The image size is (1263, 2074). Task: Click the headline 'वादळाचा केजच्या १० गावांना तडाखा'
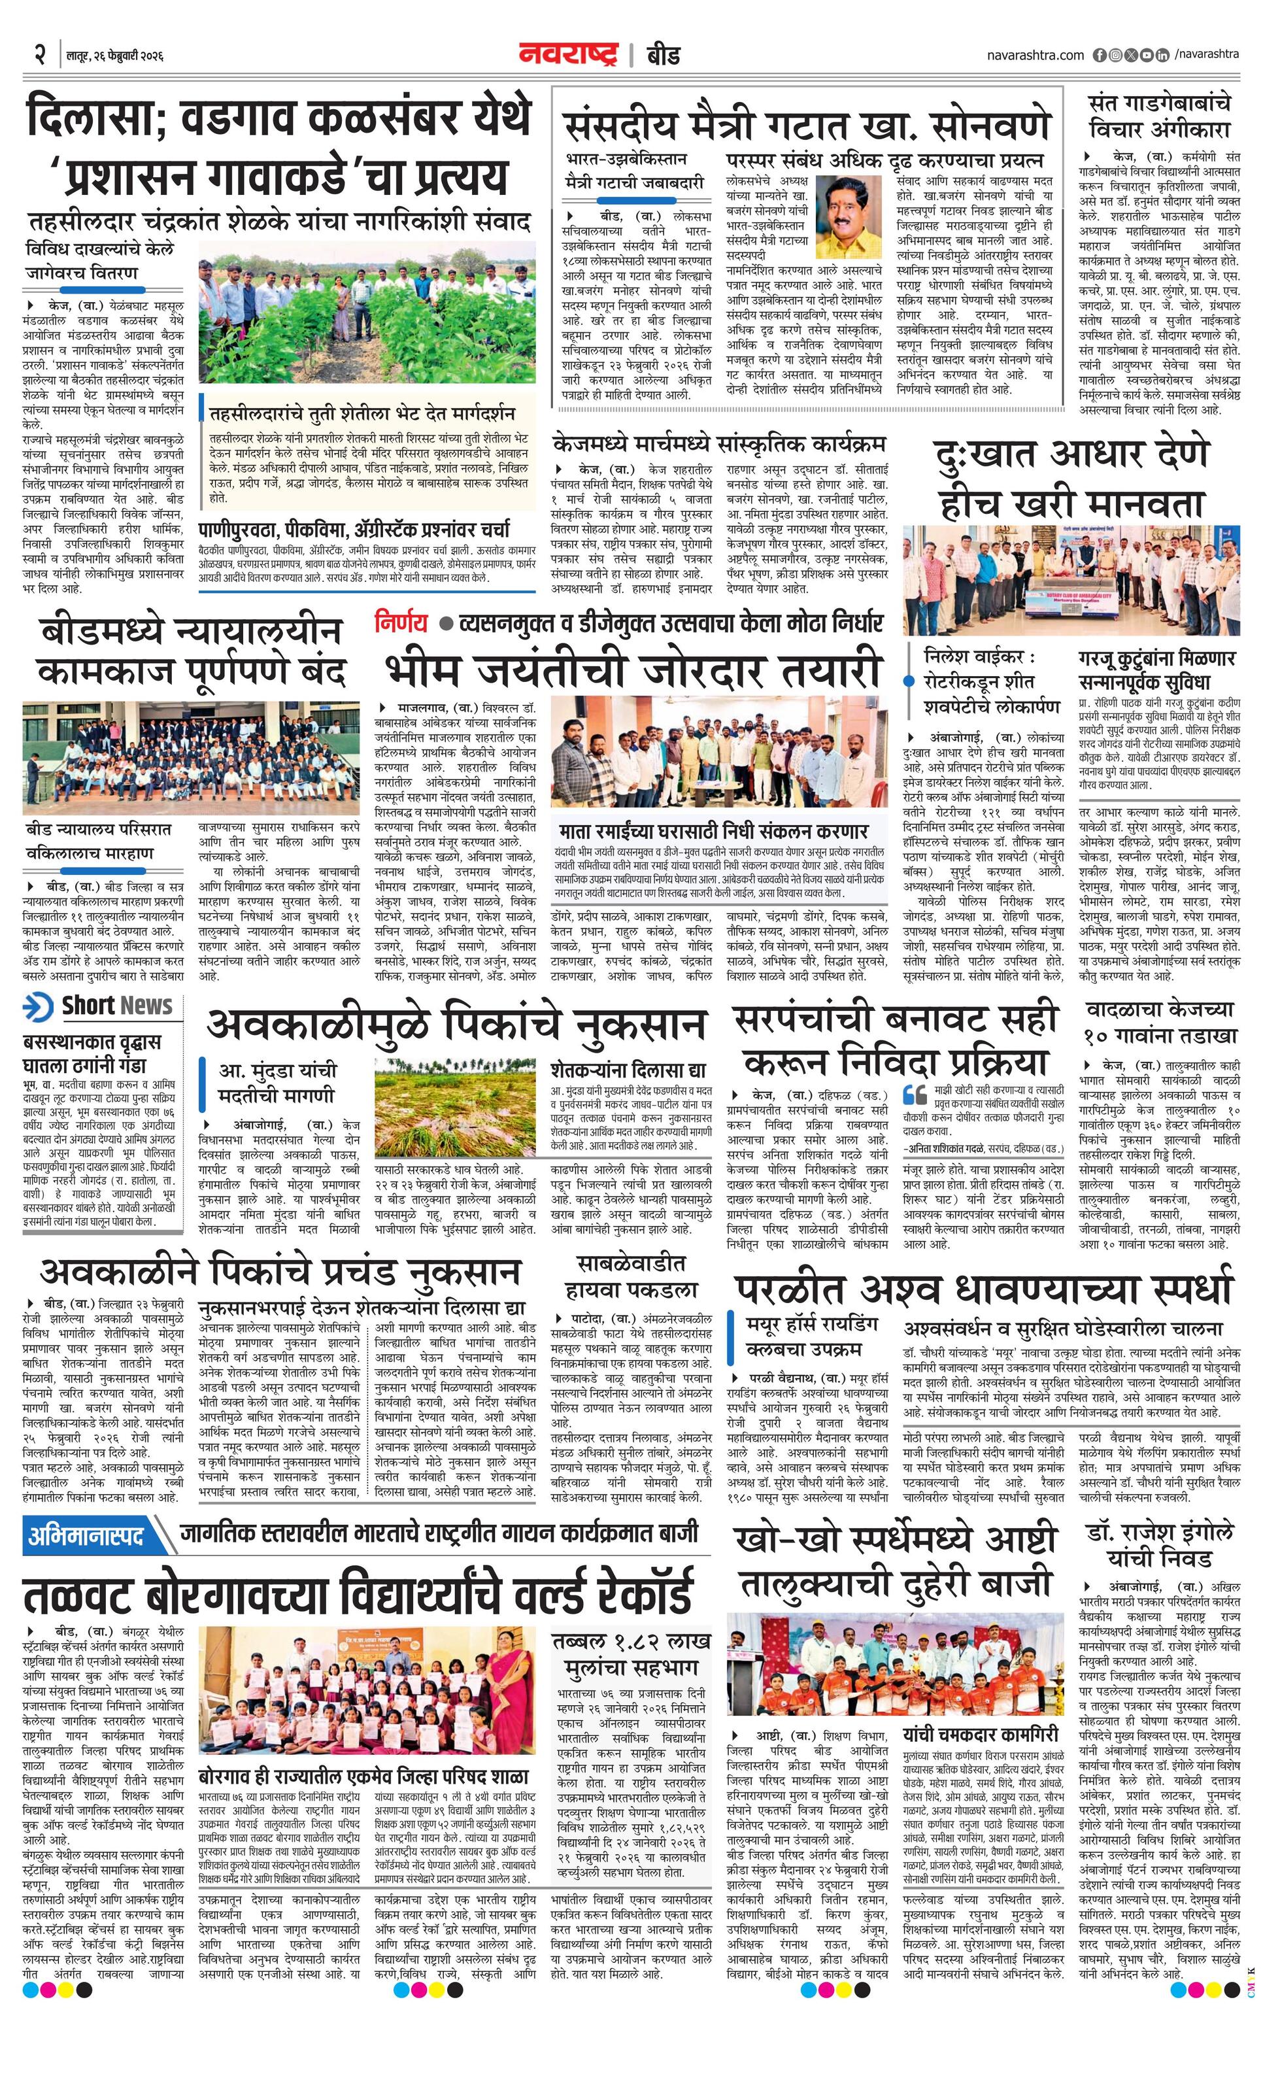(x=1158, y=1022)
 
